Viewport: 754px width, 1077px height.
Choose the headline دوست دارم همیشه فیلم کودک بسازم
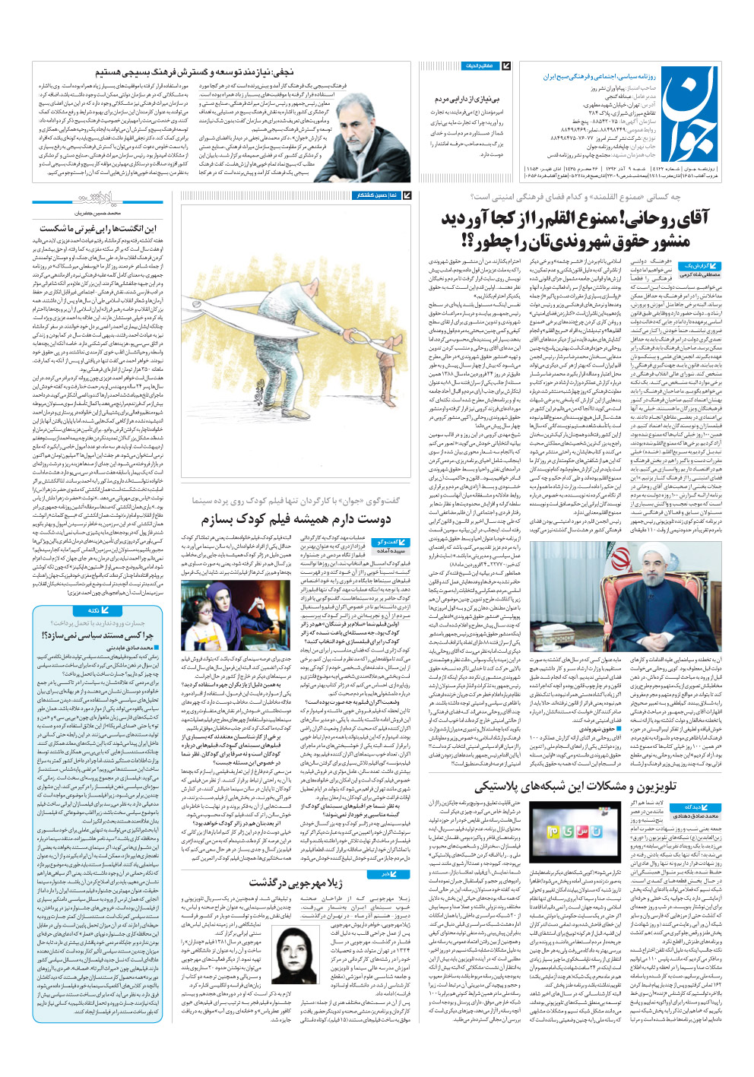[x=296, y=520]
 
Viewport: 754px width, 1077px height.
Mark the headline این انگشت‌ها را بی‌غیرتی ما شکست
[x=98, y=228]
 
